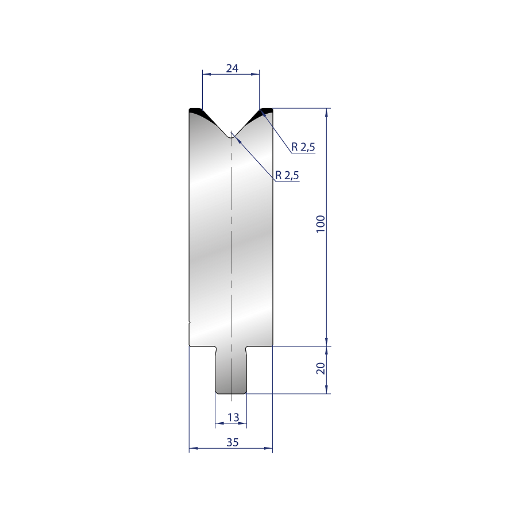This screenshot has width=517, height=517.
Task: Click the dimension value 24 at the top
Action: [x=232, y=68]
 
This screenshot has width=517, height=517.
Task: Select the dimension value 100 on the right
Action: [x=321, y=224]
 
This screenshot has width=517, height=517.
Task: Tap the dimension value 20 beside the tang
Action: [x=321, y=368]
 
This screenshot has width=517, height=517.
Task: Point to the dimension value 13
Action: [x=233, y=418]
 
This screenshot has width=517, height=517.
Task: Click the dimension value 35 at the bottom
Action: [x=233, y=442]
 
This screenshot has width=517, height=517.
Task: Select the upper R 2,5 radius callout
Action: [x=303, y=146]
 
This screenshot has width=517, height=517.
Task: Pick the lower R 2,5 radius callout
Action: [x=287, y=175]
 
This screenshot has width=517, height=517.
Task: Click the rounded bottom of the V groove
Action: [x=231, y=137]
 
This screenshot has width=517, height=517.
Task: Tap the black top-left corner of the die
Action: [x=196, y=111]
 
